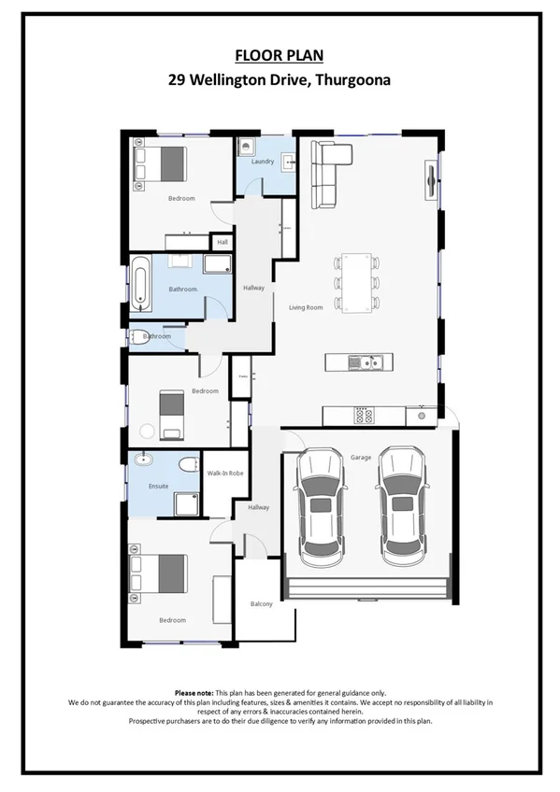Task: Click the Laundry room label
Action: pos(263,162)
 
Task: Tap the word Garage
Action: pos(361,458)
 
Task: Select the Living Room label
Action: pos(306,307)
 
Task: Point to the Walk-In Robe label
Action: pos(225,474)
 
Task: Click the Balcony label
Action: pos(262,604)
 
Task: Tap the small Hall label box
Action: pos(223,243)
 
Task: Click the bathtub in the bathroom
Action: pos(140,283)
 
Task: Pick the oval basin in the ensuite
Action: pos(143,460)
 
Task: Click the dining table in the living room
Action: pos(355,281)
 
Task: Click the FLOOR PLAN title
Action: pos(279,55)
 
